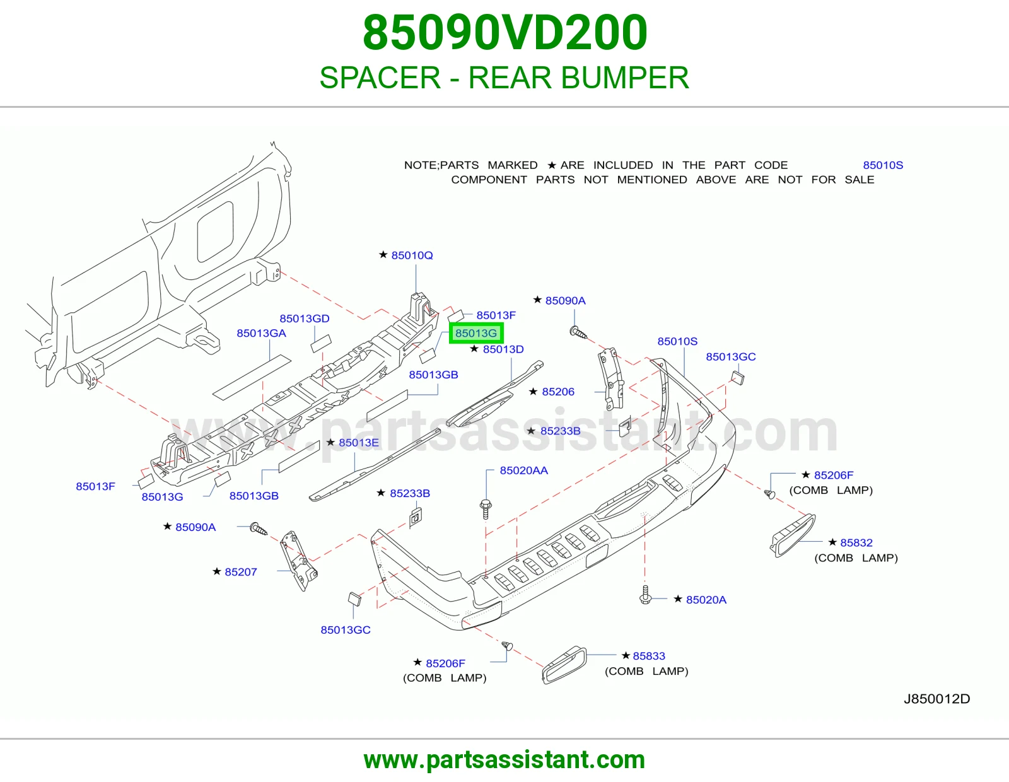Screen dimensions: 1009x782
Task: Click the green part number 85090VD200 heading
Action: [504, 33]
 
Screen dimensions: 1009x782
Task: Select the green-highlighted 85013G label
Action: [476, 333]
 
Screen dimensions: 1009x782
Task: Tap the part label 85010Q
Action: [412, 255]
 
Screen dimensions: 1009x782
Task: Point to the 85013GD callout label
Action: [304, 318]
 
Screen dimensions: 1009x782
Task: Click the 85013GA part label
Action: [262, 333]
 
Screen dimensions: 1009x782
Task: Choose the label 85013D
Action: [503, 349]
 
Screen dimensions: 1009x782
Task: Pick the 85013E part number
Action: [359, 442]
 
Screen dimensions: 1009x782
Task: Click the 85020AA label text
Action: [524, 470]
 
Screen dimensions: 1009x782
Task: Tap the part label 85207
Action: [240, 571]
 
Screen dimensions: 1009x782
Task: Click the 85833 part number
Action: [649, 655]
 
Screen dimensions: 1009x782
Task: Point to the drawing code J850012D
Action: [936, 698]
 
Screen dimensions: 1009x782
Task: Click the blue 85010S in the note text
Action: [883, 165]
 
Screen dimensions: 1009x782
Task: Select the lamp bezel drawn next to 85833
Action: [564, 664]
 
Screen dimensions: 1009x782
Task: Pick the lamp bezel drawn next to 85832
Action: [792, 535]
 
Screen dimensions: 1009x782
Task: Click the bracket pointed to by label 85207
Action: [298, 561]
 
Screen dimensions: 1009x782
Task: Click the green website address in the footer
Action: [504, 759]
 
